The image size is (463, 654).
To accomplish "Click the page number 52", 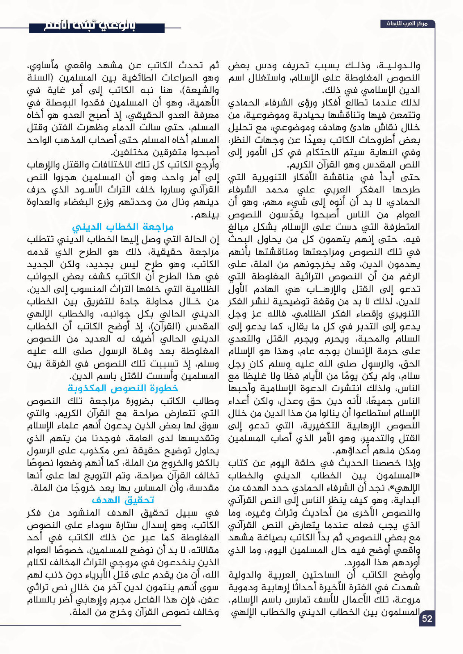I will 427,618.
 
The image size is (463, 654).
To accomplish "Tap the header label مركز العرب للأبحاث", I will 407,24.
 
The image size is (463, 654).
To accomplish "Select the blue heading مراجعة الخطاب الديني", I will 123,226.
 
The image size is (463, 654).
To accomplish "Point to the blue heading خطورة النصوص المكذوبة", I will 123,388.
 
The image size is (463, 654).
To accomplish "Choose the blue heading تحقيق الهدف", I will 123,500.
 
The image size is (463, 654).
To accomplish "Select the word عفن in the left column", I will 211,600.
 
